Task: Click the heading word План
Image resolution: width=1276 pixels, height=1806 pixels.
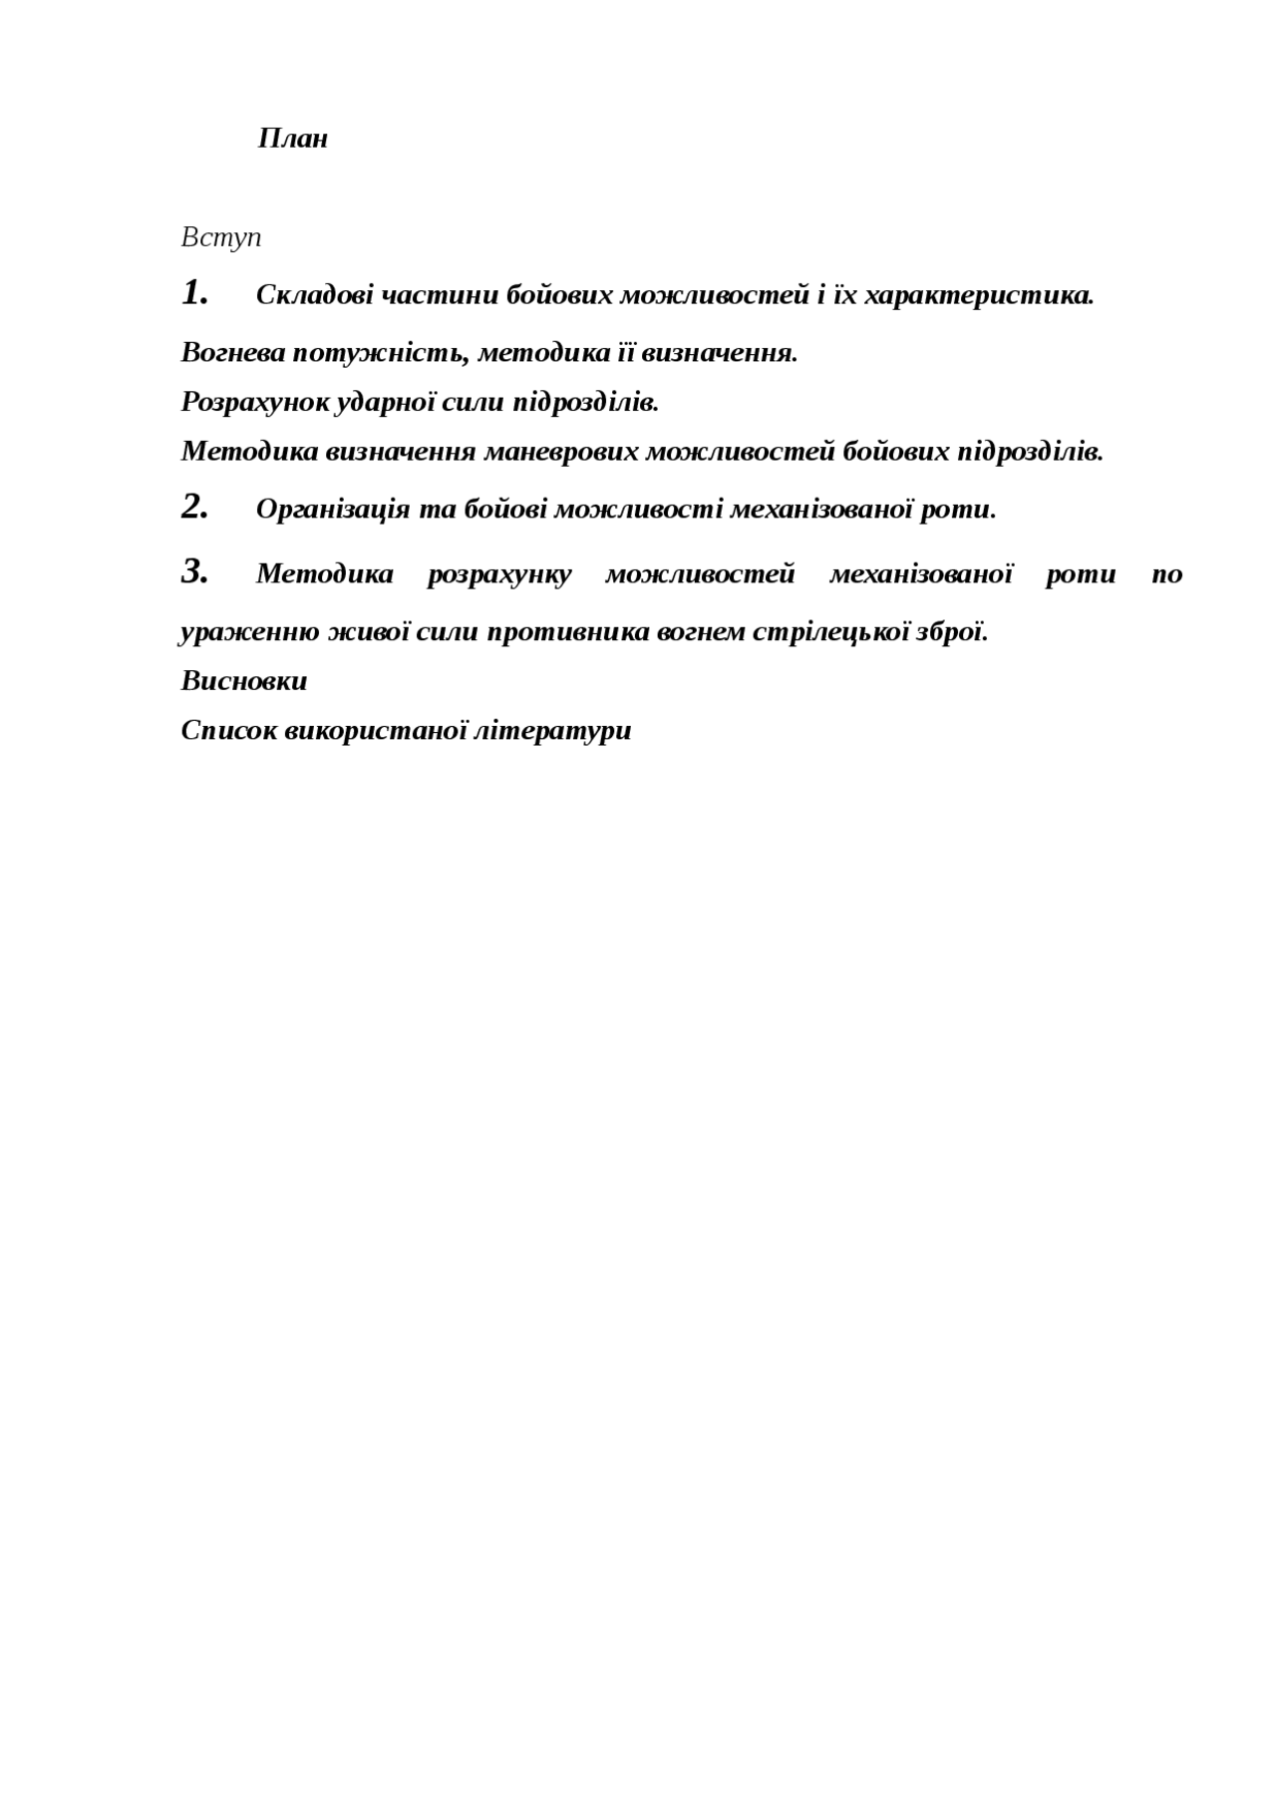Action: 293,139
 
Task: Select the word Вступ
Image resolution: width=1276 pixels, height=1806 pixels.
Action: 221,238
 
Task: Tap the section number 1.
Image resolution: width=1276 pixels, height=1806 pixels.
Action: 194,293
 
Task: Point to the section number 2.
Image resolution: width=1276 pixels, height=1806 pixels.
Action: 194,507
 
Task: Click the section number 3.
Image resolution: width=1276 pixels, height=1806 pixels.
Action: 194,571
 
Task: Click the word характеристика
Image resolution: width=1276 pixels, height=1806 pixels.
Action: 979,296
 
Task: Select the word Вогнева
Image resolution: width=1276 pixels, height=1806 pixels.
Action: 232,353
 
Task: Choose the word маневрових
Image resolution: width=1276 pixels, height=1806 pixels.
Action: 560,453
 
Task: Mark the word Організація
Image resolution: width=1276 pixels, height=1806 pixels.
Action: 333,510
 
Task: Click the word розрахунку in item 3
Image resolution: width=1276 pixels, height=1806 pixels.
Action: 499,574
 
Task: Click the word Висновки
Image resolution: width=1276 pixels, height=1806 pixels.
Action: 244,682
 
